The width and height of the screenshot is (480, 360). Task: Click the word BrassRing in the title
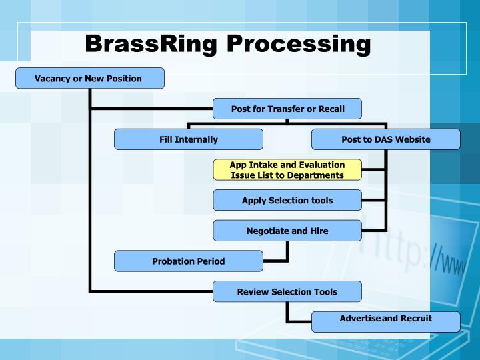pyautogui.click(x=152, y=44)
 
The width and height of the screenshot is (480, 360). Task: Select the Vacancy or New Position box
pyautogui.click(x=89, y=79)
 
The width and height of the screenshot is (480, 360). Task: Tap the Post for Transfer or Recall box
pyautogui.click(x=287, y=109)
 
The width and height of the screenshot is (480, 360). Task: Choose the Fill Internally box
pyautogui.click(x=188, y=139)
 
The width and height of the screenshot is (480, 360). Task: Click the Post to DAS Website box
pyautogui.click(x=385, y=139)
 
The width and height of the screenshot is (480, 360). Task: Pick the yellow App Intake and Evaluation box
pyautogui.click(x=287, y=170)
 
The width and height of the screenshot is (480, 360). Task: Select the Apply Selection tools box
pyautogui.click(x=287, y=200)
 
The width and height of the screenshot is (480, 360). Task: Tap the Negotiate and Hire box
pyautogui.click(x=287, y=231)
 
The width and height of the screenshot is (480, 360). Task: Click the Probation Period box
pyautogui.click(x=188, y=261)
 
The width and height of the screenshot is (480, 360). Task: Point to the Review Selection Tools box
pyautogui.click(x=287, y=291)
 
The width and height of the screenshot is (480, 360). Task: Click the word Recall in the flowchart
pyautogui.click(x=330, y=109)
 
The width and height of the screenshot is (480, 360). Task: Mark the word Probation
pyautogui.click(x=173, y=261)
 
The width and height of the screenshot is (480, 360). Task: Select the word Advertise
pyautogui.click(x=360, y=319)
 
